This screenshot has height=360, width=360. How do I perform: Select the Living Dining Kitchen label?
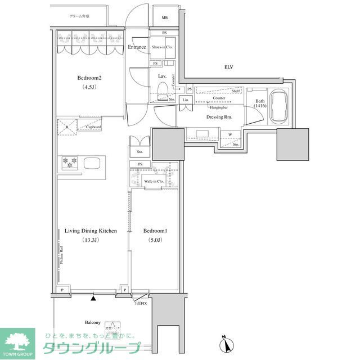click(x=91, y=231)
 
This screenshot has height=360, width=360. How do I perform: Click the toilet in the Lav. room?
click(x=163, y=90)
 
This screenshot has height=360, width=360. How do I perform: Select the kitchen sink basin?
click(x=92, y=163)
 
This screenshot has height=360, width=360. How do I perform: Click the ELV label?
click(x=228, y=67)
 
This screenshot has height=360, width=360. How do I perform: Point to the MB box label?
click(x=165, y=18)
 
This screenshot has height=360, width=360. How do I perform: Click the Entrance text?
click(x=137, y=47)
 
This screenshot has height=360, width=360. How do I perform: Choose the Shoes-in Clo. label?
click(x=162, y=47)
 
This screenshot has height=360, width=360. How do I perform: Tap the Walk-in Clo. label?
click(x=154, y=182)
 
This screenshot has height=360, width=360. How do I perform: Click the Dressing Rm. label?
click(x=220, y=117)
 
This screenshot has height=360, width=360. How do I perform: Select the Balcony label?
click(x=93, y=322)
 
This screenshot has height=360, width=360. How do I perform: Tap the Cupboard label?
click(x=93, y=127)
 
